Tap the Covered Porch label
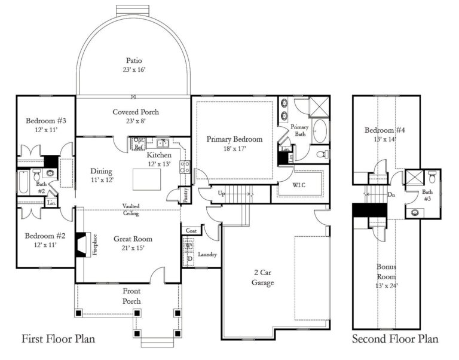point(136,112)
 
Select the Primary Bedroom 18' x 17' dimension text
point(234,149)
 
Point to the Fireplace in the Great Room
point(81,244)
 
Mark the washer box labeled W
point(189,245)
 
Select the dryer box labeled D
point(189,258)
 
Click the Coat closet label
point(191,231)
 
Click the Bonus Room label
point(386,272)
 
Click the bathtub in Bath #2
point(23,182)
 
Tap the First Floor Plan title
point(59,340)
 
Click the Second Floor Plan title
point(394,340)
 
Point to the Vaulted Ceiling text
point(131,209)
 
